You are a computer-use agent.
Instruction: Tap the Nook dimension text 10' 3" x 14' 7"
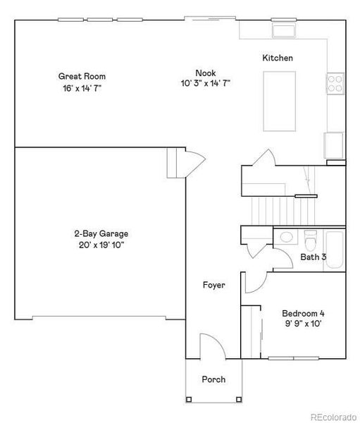pyautogui.click(x=206, y=83)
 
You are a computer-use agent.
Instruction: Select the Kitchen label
pyautogui.click(x=278, y=58)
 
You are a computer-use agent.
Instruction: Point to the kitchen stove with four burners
pyautogui.click(x=335, y=85)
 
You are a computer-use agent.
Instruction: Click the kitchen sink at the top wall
pyautogui.click(x=285, y=30)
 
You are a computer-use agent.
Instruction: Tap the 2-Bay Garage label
pyautogui.click(x=101, y=233)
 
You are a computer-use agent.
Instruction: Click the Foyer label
pyautogui.click(x=213, y=286)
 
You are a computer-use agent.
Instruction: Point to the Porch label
pyautogui.click(x=213, y=379)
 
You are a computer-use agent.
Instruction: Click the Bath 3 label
pyautogui.click(x=314, y=257)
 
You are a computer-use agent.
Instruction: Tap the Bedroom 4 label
pyautogui.click(x=303, y=313)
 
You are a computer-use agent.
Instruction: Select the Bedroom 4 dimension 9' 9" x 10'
pyautogui.click(x=303, y=324)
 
